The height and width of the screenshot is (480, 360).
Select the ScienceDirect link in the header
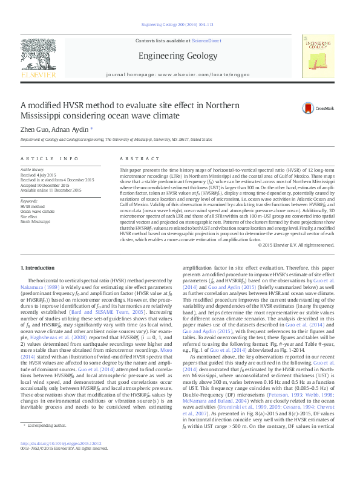pos(206,40)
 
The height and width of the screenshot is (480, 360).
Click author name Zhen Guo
pos(33,129)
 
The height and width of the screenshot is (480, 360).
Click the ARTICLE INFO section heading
pos(50,158)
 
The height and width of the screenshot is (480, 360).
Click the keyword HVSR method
pos(33,207)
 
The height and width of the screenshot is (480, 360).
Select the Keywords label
pos(30,201)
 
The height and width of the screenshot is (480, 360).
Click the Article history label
pos(33,170)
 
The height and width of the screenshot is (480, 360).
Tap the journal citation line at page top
pos(180,24)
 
